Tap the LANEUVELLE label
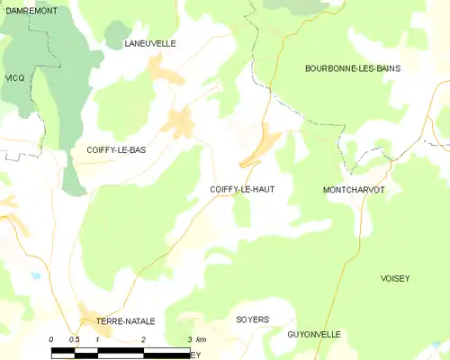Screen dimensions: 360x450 click(x=150, y=43)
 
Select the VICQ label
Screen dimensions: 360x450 click(x=14, y=78)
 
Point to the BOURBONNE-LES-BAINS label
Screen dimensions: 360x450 click(x=353, y=68)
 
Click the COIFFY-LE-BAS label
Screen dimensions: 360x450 click(x=115, y=150)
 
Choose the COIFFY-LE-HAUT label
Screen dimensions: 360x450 click(x=242, y=189)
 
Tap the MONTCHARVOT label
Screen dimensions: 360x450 click(x=354, y=191)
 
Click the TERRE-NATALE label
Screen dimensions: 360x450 click(x=126, y=321)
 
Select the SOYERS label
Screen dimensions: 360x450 click(x=252, y=320)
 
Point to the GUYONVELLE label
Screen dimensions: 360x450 click(x=314, y=335)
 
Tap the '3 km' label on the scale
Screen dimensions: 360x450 click(x=196, y=339)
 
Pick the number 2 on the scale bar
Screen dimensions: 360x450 click(x=144, y=339)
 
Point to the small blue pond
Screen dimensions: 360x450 click(x=35, y=276)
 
